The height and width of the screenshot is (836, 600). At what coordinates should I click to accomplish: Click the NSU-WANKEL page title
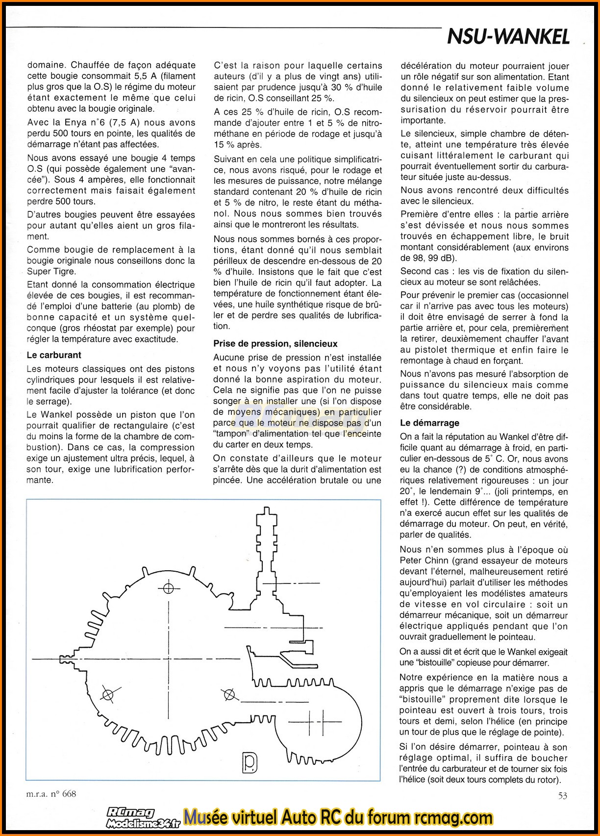point(508,37)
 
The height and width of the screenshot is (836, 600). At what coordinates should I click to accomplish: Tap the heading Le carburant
point(54,355)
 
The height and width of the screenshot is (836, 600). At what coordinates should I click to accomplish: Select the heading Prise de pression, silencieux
point(275,344)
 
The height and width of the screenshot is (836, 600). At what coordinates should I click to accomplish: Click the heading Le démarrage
point(430,423)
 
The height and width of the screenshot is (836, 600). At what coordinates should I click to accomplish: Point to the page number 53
point(562,795)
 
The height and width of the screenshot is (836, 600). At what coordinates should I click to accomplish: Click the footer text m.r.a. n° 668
point(51,793)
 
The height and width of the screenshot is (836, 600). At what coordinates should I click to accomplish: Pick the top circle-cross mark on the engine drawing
point(169,587)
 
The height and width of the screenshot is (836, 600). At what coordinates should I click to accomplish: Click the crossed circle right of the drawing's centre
point(228,694)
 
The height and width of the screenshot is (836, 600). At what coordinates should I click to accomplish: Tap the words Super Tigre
point(51,272)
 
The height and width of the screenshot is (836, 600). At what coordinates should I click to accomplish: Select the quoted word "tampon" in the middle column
point(232,434)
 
